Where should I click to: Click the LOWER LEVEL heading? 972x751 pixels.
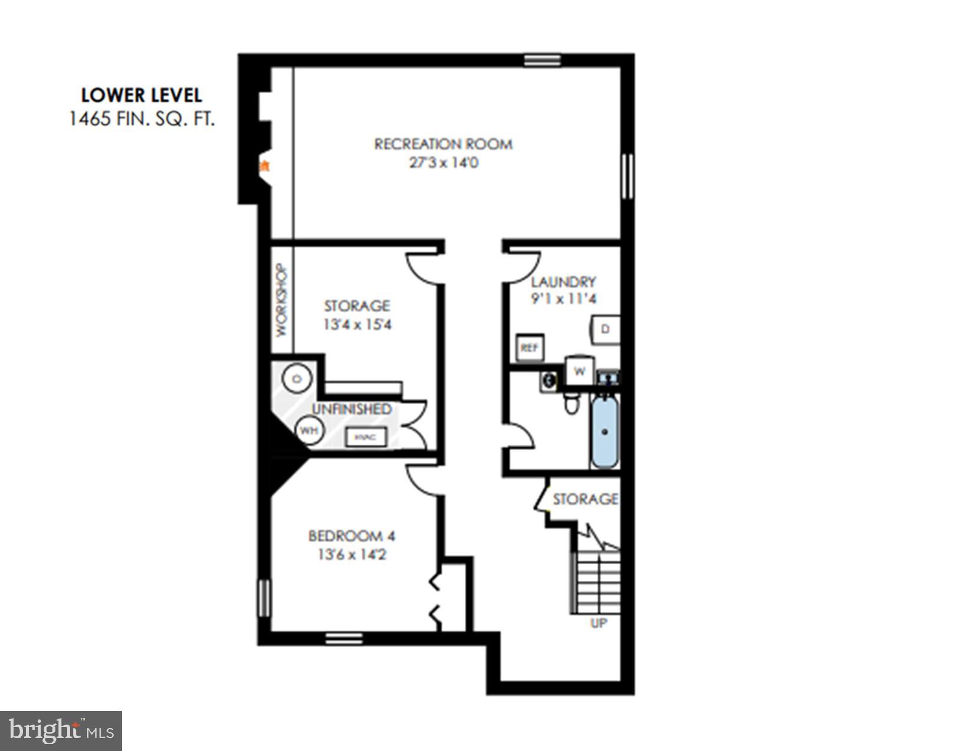click(x=141, y=95)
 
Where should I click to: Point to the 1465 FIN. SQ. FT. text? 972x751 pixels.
click(x=141, y=119)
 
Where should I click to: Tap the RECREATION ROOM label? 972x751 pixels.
click(x=443, y=144)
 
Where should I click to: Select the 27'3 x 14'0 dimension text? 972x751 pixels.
click(x=443, y=163)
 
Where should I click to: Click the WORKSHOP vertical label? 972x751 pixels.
click(x=282, y=300)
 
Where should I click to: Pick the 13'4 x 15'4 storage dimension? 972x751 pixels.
click(x=357, y=325)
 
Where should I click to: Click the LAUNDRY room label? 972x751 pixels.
click(x=563, y=282)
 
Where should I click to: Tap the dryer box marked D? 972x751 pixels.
click(x=606, y=329)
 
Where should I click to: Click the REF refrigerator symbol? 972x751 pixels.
click(x=530, y=348)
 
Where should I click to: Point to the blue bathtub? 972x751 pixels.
click(x=605, y=432)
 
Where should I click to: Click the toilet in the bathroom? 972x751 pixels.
click(x=571, y=403)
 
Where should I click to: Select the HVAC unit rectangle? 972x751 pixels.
click(x=366, y=438)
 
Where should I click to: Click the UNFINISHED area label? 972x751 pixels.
click(x=351, y=409)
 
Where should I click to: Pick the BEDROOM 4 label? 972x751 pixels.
click(x=352, y=536)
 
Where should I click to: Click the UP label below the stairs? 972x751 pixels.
click(x=599, y=623)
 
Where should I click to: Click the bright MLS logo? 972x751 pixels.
click(x=61, y=731)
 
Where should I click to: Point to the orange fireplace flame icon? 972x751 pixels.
click(x=265, y=166)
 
